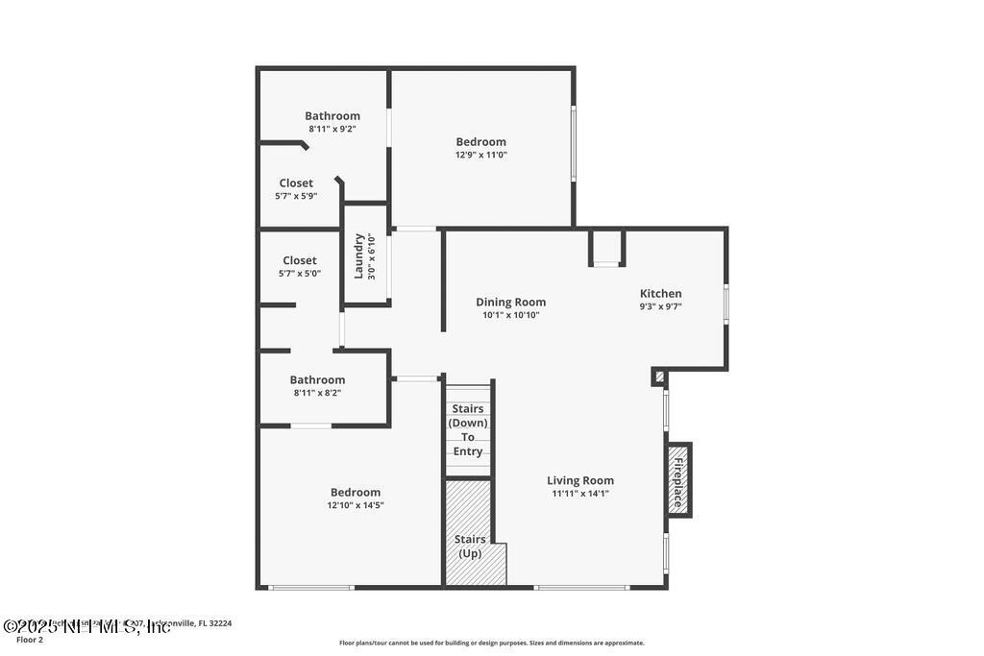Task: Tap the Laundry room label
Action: (x=359, y=255)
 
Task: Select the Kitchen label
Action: (x=661, y=294)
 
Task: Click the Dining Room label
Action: (x=510, y=302)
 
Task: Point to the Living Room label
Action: (x=580, y=480)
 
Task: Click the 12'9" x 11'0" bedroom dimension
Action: (x=480, y=155)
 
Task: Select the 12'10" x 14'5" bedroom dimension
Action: (x=357, y=505)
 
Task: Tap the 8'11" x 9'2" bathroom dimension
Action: (x=332, y=129)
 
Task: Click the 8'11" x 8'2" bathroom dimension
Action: (x=317, y=393)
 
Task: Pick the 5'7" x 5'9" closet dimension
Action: (x=296, y=196)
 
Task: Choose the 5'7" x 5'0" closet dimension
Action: (x=299, y=273)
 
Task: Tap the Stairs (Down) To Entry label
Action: (x=468, y=430)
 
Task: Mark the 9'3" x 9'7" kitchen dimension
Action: (x=661, y=307)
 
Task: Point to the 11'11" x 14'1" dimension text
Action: (x=580, y=494)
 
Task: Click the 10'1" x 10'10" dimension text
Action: (x=510, y=315)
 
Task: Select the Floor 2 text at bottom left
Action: (x=30, y=639)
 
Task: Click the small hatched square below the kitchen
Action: (x=658, y=377)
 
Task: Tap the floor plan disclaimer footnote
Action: (x=491, y=643)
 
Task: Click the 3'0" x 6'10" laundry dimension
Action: (x=373, y=255)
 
